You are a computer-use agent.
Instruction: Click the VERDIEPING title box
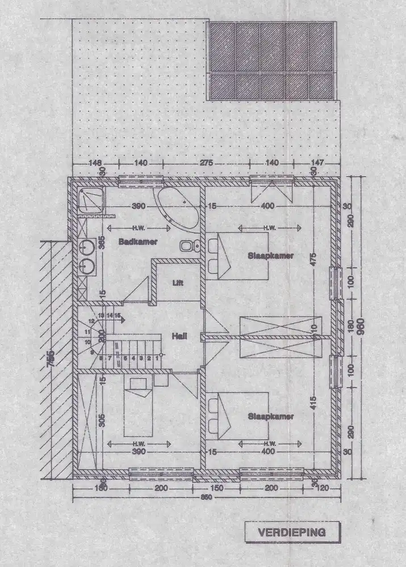(292, 532)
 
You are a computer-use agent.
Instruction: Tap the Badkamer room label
(138, 242)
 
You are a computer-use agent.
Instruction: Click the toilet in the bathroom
(188, 246)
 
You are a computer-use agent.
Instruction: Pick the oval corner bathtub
(178, 208)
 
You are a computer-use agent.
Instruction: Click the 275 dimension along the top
(206, 163)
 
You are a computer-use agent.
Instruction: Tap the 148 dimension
(95, 163)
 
